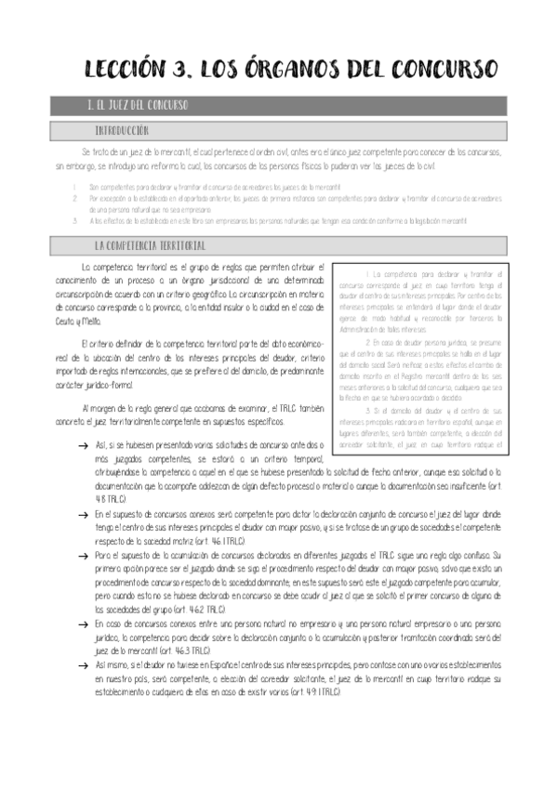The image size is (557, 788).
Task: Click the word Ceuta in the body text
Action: pyautogui.click(x=65, y=319)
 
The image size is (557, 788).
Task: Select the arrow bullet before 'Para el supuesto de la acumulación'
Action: pyautogui.click(x=86, y=554)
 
